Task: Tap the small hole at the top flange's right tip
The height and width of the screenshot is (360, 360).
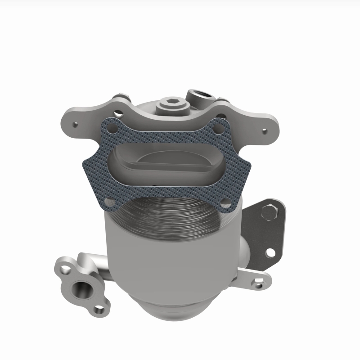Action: pyautogui.click(x=265, y=130)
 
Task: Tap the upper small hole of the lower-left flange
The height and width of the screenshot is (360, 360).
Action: pyautogui.click(x=63, y=270)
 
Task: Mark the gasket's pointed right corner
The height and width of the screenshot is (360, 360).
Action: pyautogui.click(x=250, y=170)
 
